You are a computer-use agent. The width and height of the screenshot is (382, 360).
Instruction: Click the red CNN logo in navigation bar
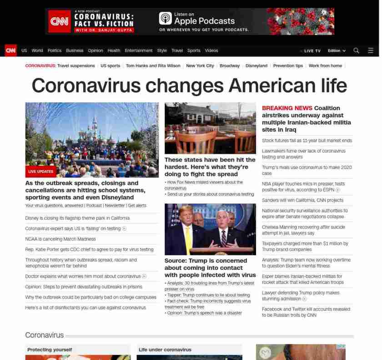(10, 51)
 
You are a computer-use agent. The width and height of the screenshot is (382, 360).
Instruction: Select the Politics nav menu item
(55, 51)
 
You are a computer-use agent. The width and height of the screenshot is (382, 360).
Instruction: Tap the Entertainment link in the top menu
(139, 51)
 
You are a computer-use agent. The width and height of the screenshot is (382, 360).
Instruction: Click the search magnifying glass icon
(356, 51)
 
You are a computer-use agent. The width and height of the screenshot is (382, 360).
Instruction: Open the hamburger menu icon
(371, 51)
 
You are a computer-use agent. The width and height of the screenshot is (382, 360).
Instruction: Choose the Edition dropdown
(337, 51)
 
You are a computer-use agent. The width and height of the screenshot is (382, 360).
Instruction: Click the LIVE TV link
(312, 51)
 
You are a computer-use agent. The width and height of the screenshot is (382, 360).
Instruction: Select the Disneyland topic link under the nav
(256, 66)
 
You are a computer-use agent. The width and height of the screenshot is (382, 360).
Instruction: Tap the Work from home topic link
(325, 66)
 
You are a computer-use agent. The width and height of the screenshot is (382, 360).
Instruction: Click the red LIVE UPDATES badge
(41, 172)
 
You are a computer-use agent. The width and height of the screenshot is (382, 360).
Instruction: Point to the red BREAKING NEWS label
(287, 108)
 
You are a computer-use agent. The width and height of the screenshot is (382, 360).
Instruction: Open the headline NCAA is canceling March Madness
(60, 239)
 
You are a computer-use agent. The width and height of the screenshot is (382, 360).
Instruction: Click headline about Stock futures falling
(307, 141)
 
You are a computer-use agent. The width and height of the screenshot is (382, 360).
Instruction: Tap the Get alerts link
(137, 206)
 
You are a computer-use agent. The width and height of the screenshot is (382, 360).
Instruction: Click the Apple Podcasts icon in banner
(165, 18)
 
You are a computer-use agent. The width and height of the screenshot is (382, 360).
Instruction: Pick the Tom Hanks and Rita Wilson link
(153, 66)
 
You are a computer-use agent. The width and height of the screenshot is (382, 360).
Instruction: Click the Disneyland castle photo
(92, 137)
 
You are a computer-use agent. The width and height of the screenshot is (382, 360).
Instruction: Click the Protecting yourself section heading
(50, 350)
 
